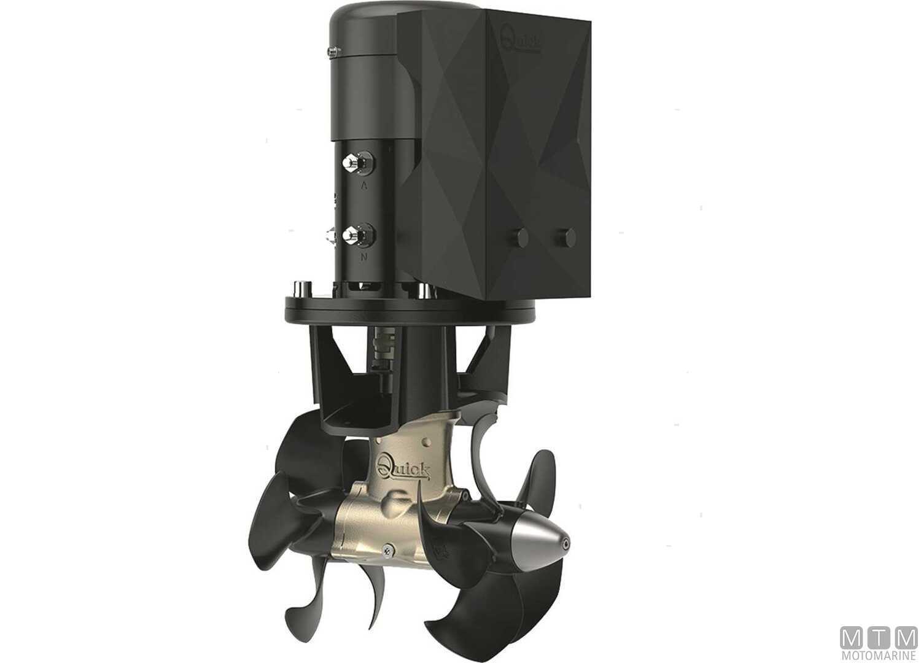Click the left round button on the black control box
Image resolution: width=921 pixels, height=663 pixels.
click(x=521, y=235)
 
